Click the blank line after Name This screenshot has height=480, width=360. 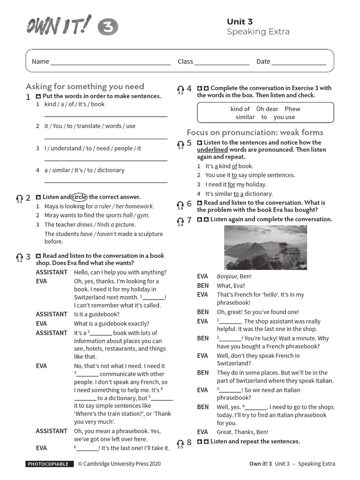point(111,62)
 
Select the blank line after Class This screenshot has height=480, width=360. point(222,62)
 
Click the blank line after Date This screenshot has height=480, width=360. point(299,62)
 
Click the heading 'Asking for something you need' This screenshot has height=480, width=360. point(85,86)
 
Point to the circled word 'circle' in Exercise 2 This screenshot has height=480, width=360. point(79,197)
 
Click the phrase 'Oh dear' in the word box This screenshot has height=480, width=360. point(267,109)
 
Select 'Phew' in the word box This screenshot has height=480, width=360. point(292,109)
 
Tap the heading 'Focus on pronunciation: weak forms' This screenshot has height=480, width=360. point(255,132)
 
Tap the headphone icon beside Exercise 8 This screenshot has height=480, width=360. point(180,442)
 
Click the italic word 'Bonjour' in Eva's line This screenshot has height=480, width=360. point(227,277)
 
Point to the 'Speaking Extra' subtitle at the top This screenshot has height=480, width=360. point(258,32)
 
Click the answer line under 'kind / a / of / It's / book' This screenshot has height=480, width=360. point(105,116)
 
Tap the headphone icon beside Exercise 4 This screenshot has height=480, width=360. point(180,89)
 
